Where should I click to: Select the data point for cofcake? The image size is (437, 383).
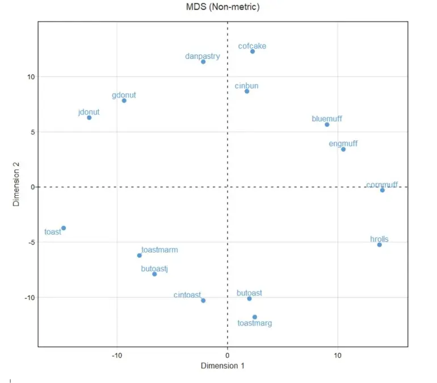(x=253, y=52)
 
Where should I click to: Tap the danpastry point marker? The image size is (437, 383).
(x=203, y=61)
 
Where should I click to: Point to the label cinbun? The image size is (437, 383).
(x=246, y=86)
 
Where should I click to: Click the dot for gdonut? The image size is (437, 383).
(x=124, y=100)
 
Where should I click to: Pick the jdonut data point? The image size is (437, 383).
(x=89, y=117)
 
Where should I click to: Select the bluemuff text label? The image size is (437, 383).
(x=327, y=119)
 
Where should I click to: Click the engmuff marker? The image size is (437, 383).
(x=343, y=149)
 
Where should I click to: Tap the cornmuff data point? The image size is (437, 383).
(x=383, y=190)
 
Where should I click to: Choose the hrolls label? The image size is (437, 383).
(x=379, y=239)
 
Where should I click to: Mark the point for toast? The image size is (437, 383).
(x=64, y=228)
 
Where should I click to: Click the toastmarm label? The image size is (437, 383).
(x=159, y=249)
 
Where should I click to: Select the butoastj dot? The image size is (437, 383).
(x=154, y=274)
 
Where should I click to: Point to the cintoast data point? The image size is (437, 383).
(x=203, y=301)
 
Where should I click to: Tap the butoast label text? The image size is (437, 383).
(x=249, y=293)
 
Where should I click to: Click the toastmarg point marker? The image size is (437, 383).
(x=255, y=317)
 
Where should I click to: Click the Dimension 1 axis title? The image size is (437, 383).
(x=222, y=366)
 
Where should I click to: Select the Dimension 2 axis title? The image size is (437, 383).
(x=17, y=186)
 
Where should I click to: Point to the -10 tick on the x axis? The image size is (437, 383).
(x=117, y=355)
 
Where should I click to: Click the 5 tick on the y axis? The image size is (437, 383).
(x=32, y=132)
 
